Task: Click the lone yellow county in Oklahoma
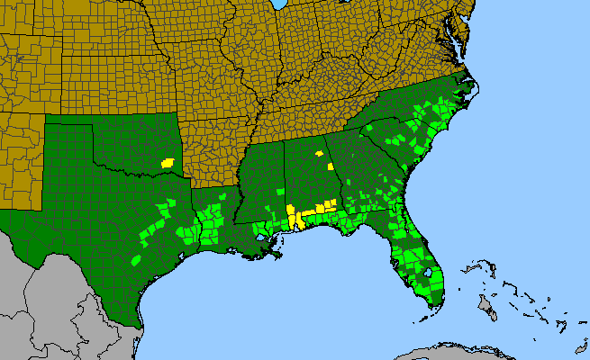pyautogui.click(x=167, y=164)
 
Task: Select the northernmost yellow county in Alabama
pyautogui.click(x=319, y=154)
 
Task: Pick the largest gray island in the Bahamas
pyautogui.click(x=486, y=308)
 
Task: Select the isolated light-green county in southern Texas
pyautogui.click(x=136, y=260)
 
